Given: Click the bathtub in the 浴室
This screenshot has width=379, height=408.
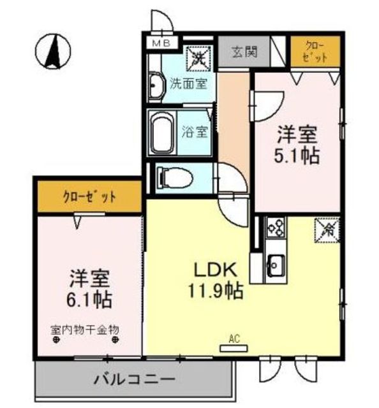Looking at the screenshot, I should (x=163, y=132).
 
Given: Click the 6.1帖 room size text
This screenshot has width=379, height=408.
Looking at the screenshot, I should (x=90, y=297).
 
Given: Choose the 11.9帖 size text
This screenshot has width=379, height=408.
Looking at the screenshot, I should (x=215, y=292).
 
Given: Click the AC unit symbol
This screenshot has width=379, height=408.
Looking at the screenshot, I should (x=234, y=348).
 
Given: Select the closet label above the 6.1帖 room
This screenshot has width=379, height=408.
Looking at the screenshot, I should (x=89, y=196).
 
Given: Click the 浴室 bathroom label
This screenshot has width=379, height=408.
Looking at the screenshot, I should (x=195, y=133).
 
